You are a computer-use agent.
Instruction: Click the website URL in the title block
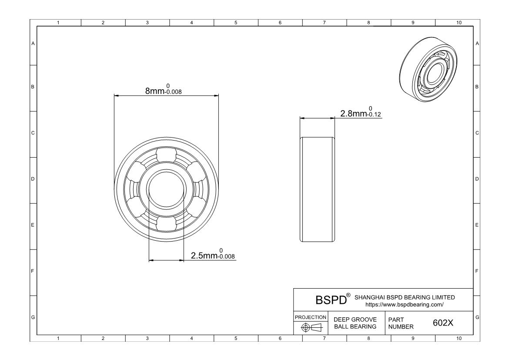(x=405, y=305)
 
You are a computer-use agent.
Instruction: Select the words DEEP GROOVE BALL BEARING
(x=355, y=323)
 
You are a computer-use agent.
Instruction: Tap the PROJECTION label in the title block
(x=311, y=317)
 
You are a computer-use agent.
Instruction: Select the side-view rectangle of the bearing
(x=318, y=189)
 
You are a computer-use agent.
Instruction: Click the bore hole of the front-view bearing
(x=166, y=189)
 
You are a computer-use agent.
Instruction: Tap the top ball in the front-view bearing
(x=166, y=156)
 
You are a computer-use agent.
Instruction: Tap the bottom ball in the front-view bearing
(x=166, y=222)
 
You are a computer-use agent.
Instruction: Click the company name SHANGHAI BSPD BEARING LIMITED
(x=405, y=297)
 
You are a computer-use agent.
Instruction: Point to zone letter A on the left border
(x=33, y=43)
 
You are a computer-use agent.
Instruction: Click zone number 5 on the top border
(x=236, y=23)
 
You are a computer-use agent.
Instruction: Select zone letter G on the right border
(x=477, y=317)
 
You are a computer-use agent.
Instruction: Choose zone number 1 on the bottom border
(x=59, y=338)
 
